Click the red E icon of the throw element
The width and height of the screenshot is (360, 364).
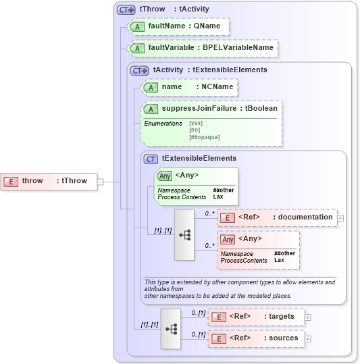(11, 181)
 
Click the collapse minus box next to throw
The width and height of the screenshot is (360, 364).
(100, 181)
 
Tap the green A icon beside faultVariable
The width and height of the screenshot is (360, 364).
(137, 48)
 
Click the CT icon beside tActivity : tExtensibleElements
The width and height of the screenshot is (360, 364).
(140, 70)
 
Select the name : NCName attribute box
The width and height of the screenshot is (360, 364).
(190, 87)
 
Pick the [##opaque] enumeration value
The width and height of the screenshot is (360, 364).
(204, 137)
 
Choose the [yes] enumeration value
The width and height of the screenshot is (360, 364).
(196, 124)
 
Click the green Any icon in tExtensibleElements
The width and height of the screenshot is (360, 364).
(164, 176)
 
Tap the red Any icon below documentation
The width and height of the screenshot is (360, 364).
(228, 239)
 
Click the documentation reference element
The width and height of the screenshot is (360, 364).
(276, 217)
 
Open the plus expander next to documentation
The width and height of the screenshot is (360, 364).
(340, 217)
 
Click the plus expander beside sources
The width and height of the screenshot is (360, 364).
(308, 338)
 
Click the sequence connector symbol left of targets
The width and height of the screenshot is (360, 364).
(171, 328)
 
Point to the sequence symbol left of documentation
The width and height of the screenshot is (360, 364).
(184, 234)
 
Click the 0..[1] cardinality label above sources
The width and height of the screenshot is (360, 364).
(197, 334)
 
